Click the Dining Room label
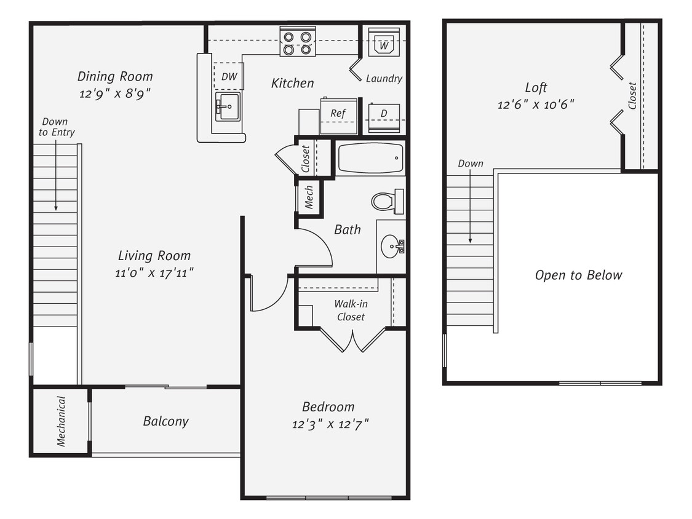[x=115, y=77]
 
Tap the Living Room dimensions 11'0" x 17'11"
[x=154, y=272]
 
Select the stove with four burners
[x=297, y=42]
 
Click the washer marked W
[x=384, y=44]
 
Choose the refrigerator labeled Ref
[x=338, y=115]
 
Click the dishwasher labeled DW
[x=228, y=76]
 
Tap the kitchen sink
[x=228, y=107]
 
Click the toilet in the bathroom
[x=386, y=201]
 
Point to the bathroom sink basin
[x=391, y=247]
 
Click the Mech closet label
[x=309, y=197]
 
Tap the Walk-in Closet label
[x=349, y=311]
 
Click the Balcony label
[x=165, y=421]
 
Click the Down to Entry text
[x=56, y=127]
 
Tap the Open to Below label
[x=578, y=275]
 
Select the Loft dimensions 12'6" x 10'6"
[x=536, y=105]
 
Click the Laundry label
[x=384, y=79]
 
